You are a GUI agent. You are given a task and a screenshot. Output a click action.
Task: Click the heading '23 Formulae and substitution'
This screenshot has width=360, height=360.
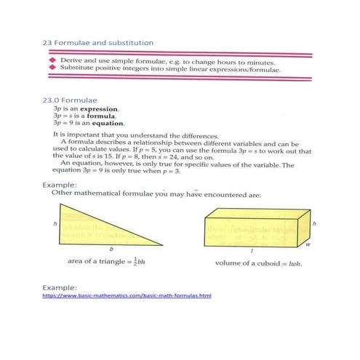[x=97, y=43]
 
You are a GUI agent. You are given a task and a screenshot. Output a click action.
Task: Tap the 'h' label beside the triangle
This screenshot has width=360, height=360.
[x=55, y=223]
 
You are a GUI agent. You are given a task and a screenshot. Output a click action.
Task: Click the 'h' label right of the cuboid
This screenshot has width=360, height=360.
[x=313, y=225]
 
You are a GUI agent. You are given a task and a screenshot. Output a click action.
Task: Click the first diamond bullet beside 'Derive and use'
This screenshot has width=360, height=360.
[x=52, y=62]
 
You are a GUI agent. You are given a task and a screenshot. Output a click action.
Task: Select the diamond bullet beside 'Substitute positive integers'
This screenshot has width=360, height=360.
[x=52, y=70]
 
